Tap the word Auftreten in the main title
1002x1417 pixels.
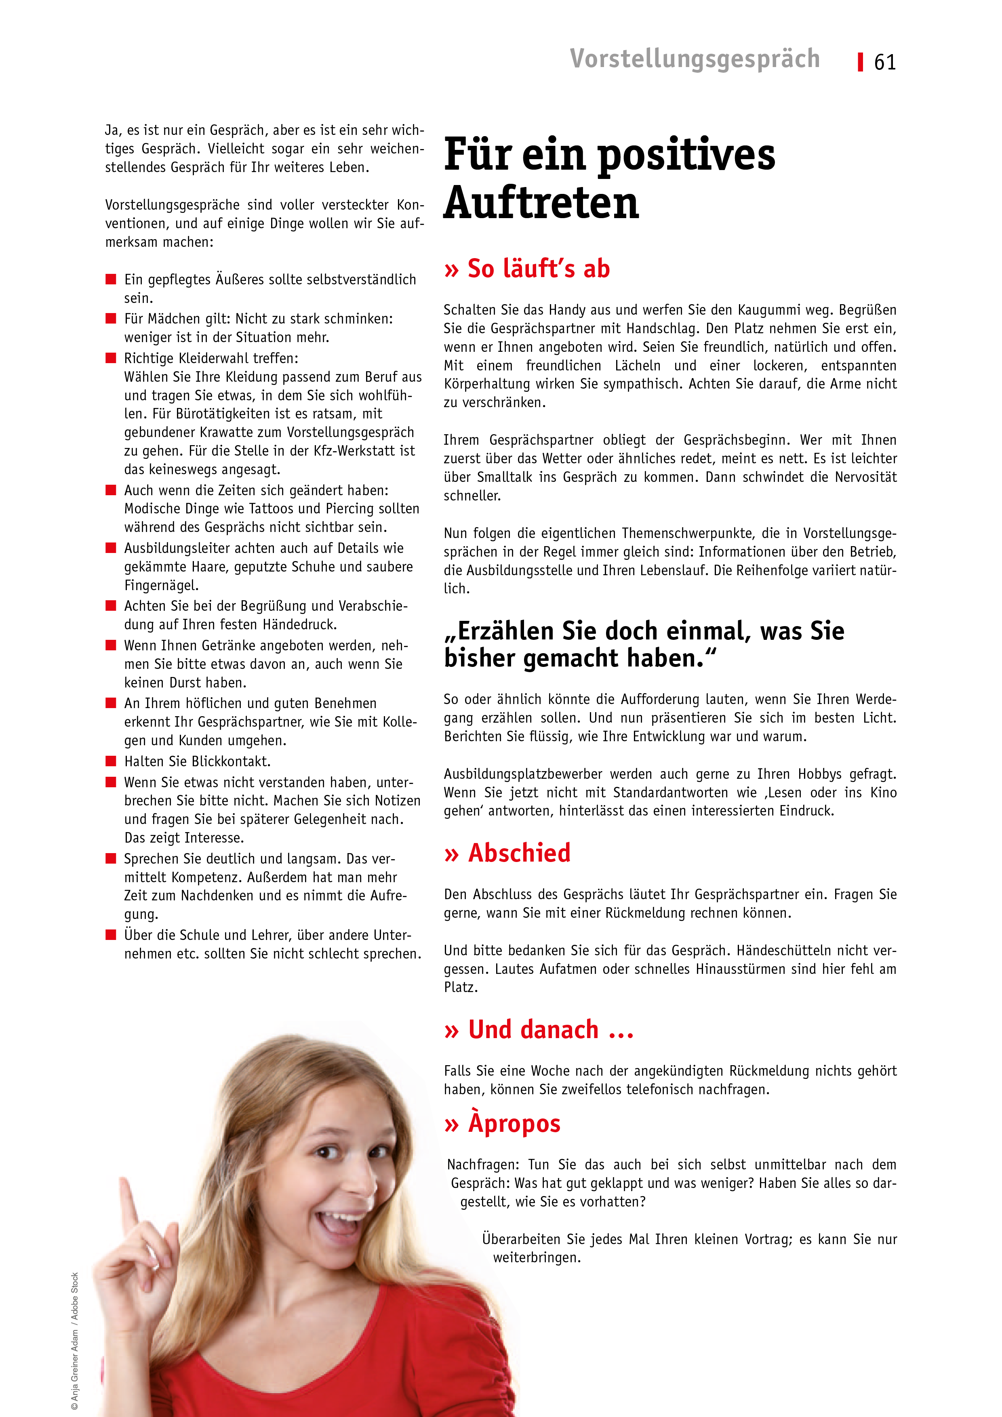click(541, 202)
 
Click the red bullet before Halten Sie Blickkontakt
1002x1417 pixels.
click(111, 761)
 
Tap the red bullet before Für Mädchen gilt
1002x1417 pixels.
click(111, 318)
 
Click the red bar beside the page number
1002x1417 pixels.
click(860, 62)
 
